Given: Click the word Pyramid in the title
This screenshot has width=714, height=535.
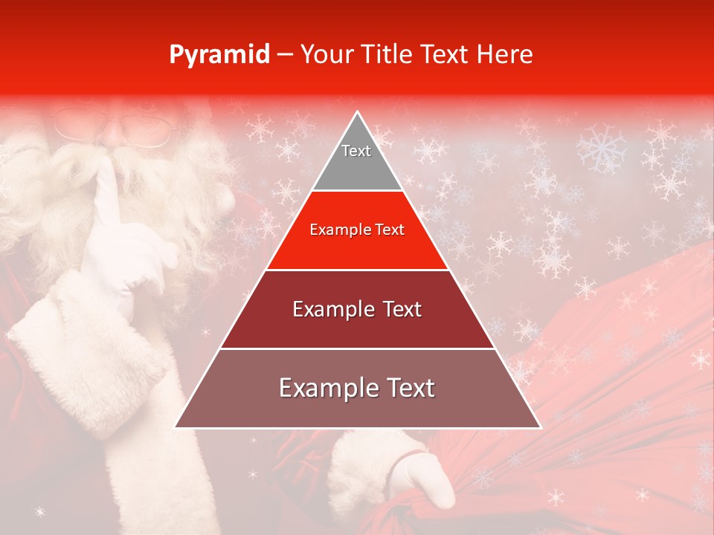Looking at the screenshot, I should pos(219,55).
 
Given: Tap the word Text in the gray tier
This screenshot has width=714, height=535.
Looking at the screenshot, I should pos(356,151).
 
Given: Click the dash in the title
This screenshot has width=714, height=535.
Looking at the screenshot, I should pos(285,55).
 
